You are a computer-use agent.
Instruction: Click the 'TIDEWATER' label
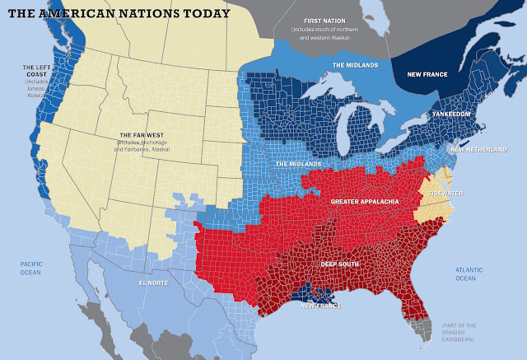pos(443,194)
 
